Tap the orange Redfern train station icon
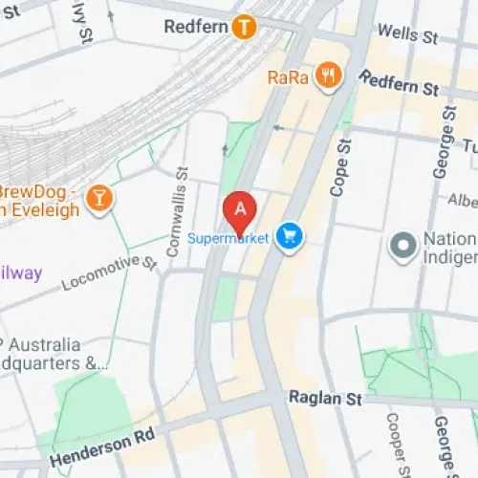[245, 27]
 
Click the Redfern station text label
[195, 27]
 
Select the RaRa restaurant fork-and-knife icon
[329, 76]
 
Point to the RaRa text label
[289, 76]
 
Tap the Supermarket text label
[228, 237]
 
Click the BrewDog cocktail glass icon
[98, 198]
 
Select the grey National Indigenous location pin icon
[402, 247]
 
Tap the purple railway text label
[21, 273]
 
